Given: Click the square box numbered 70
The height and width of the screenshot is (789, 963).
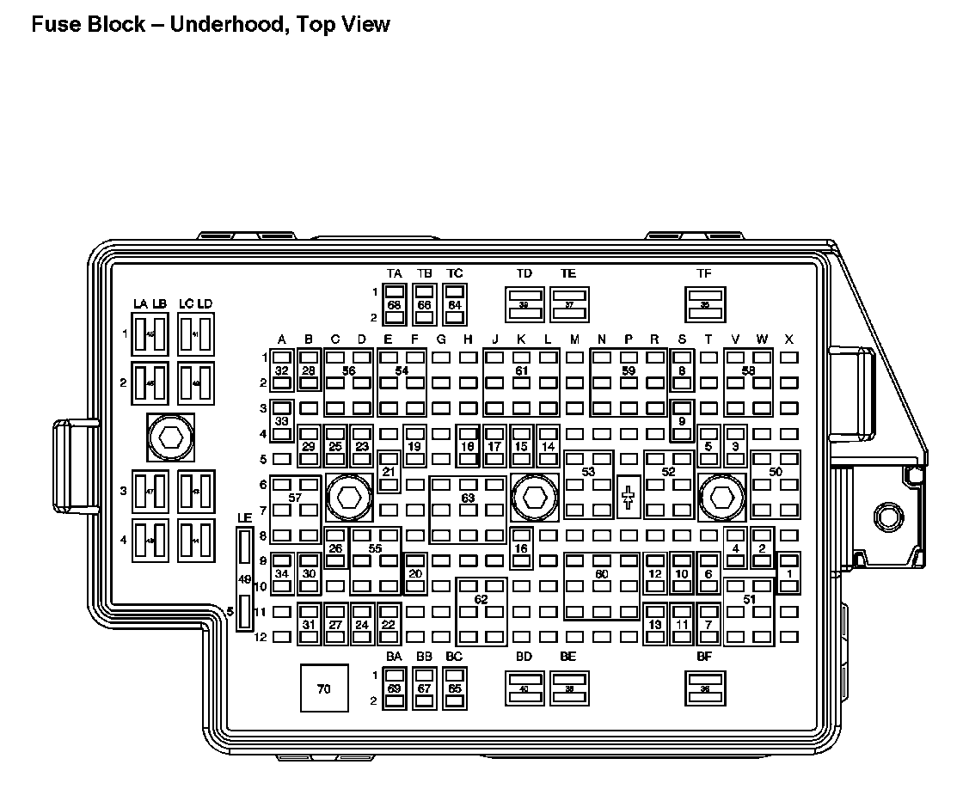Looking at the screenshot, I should tap(324, 688).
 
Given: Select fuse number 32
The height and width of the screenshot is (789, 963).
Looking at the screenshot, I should tap(282, 370).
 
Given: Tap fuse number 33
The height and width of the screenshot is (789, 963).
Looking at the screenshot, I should tap(282, 420).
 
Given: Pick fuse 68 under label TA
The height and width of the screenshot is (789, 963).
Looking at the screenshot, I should tap(395, 305).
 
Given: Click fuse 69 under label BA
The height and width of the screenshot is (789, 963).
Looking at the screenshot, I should tap(395, 688).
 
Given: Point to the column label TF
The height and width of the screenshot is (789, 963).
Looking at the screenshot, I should tap(704, 273).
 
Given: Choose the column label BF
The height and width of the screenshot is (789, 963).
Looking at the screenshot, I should tap(704, 657).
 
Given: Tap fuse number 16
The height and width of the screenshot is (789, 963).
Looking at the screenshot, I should tap(520, 548).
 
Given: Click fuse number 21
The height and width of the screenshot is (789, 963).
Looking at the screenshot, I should tap(389, 471).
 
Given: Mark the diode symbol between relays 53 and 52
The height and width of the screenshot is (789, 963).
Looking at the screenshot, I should tap(629, 497).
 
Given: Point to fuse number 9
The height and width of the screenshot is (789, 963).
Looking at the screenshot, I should tap(682, 420).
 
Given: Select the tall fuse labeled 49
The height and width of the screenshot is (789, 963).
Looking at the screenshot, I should tap(245, 579).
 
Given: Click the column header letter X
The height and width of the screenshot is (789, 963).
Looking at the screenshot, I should tap(788, 339).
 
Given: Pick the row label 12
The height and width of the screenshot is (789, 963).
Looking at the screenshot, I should tap(259, 637).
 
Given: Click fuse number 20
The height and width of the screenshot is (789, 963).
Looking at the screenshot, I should tap(415, 573).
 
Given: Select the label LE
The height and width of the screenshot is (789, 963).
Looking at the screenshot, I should tap(245, 517).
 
